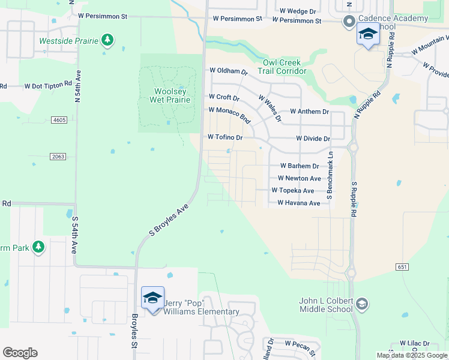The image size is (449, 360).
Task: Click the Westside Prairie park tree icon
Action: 107,40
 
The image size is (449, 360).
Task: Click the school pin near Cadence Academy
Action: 368,35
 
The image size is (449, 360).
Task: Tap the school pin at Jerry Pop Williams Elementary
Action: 152,298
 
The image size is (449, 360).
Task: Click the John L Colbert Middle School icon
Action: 361,304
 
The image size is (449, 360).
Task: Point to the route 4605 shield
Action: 59,120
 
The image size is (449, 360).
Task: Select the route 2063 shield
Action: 58,156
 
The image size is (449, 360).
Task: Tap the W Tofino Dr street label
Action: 224,137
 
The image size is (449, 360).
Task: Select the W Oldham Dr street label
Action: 228,71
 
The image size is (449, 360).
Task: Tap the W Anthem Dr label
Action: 309,112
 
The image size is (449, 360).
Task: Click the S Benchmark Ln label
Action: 330,175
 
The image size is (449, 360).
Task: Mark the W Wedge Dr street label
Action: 298,11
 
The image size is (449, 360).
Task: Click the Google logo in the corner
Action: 20,353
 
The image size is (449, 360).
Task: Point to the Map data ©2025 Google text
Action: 411,355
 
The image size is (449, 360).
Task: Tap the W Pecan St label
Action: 300,344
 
